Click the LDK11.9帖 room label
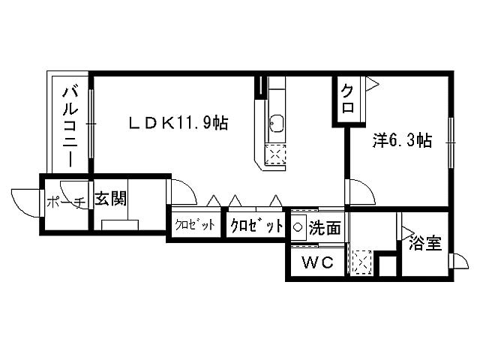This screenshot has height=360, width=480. coord(178,122)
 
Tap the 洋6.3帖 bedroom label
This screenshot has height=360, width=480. coord(403,140)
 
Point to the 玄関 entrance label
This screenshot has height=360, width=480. coord(109,199)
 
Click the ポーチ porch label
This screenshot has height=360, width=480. coord(64,202)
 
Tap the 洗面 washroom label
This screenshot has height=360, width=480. coord(324,226)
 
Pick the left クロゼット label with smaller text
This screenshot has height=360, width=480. coord(195,225)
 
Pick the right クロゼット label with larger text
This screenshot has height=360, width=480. coord(257,225)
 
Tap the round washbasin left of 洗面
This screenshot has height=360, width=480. coord(297,226)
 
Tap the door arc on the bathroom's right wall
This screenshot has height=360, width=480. coord(456,262)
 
